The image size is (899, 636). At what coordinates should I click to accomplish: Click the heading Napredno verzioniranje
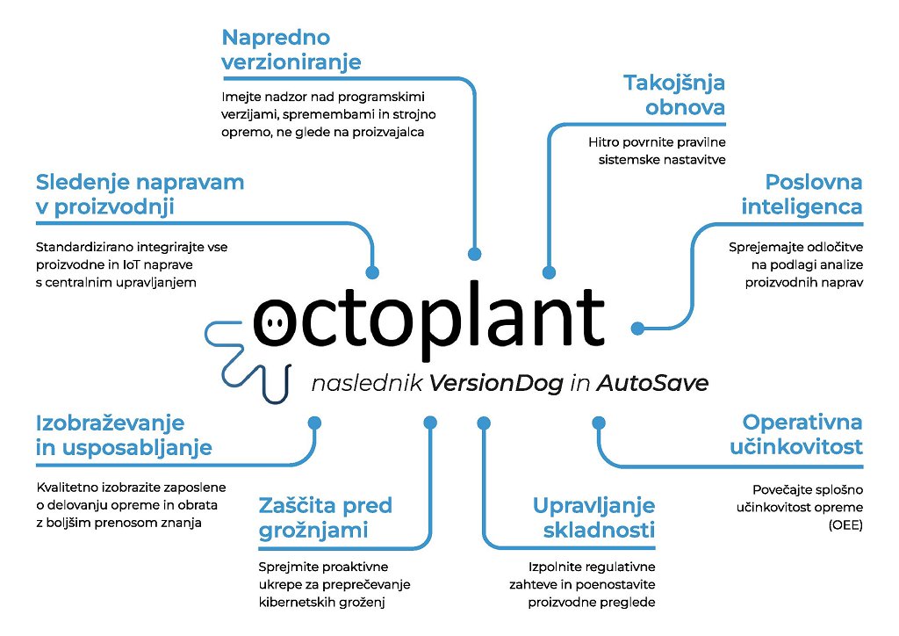click(x=291, y=50)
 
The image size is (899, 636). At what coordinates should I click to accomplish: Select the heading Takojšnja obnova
click(x=674, y=95)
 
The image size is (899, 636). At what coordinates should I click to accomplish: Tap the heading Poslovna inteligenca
click(x=802, y=194)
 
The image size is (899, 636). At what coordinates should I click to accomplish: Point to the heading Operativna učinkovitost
click(x=796, y=434)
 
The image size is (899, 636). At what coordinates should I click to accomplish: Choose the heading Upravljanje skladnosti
click(x=593, y=517)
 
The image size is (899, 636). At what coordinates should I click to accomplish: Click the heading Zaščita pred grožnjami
click(x=325, y=517)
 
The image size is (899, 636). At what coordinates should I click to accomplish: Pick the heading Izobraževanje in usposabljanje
click(x=124, y=434)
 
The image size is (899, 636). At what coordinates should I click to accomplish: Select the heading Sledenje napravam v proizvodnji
click(x=140, y=194)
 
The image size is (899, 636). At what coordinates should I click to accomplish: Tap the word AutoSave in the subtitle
click(x=652, y=384)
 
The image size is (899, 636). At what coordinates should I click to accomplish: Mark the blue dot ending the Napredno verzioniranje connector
click(x=475, y=254)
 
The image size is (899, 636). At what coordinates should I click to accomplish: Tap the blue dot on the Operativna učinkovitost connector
click(x=599, y=423)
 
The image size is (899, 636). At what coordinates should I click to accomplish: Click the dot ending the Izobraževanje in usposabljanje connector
click(x=313, y=423)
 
